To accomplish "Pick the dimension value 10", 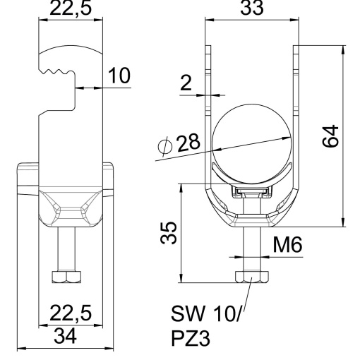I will (x=119, y=76).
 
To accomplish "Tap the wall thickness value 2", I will (x=186, y=83).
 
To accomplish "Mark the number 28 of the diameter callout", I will (x=188, y=143).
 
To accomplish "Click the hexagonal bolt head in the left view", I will (x=66, y=277).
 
